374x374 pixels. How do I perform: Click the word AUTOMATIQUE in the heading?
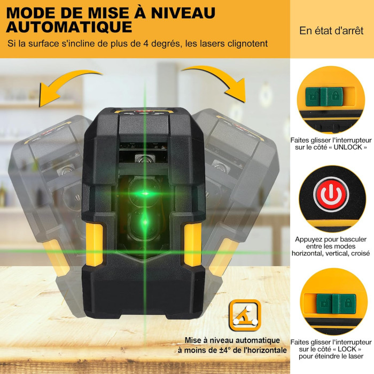click(69, 27)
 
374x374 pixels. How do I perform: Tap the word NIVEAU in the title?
click(183, 13)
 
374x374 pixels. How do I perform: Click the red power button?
click(331, 194)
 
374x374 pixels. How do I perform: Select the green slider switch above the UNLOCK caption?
click(324, 96)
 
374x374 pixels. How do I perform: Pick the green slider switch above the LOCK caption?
click(336, 303)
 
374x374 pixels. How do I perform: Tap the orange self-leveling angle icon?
click(245, 315)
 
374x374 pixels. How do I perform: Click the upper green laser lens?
click(144, 193)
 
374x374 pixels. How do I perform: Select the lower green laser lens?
click(144, 223)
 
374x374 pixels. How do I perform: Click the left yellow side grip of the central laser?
click(95, 244)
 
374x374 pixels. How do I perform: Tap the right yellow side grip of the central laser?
click(193, 244)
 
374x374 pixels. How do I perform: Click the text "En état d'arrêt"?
click(331, 31)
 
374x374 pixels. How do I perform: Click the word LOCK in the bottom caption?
click(347, 349)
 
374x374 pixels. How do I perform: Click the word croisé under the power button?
click(361, 253)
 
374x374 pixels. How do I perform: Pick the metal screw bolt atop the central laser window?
click(144, 158)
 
